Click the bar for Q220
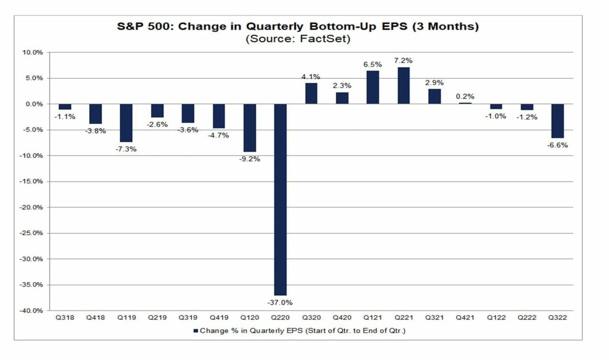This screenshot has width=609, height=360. pos(280,199)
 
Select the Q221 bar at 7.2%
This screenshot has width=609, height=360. pos(403,85)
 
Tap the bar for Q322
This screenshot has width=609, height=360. pos(557,121)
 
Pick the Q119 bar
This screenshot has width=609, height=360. pos(127,123)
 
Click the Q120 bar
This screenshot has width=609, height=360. pos(250,127)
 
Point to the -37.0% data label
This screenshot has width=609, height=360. pos(280,303)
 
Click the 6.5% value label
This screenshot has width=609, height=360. pos(373,64)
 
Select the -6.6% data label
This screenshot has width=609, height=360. pos(558,145)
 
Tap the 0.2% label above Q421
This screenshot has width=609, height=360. pos(466,96)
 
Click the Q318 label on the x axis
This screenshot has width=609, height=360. pos(65,318)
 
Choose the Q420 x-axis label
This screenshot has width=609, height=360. pos(342,318)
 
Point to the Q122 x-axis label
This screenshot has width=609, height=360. pos(496,318)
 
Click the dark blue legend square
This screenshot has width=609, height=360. pos(196,331)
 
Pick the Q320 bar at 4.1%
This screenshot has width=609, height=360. pos(311,93)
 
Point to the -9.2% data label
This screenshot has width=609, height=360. pos(250,158)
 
